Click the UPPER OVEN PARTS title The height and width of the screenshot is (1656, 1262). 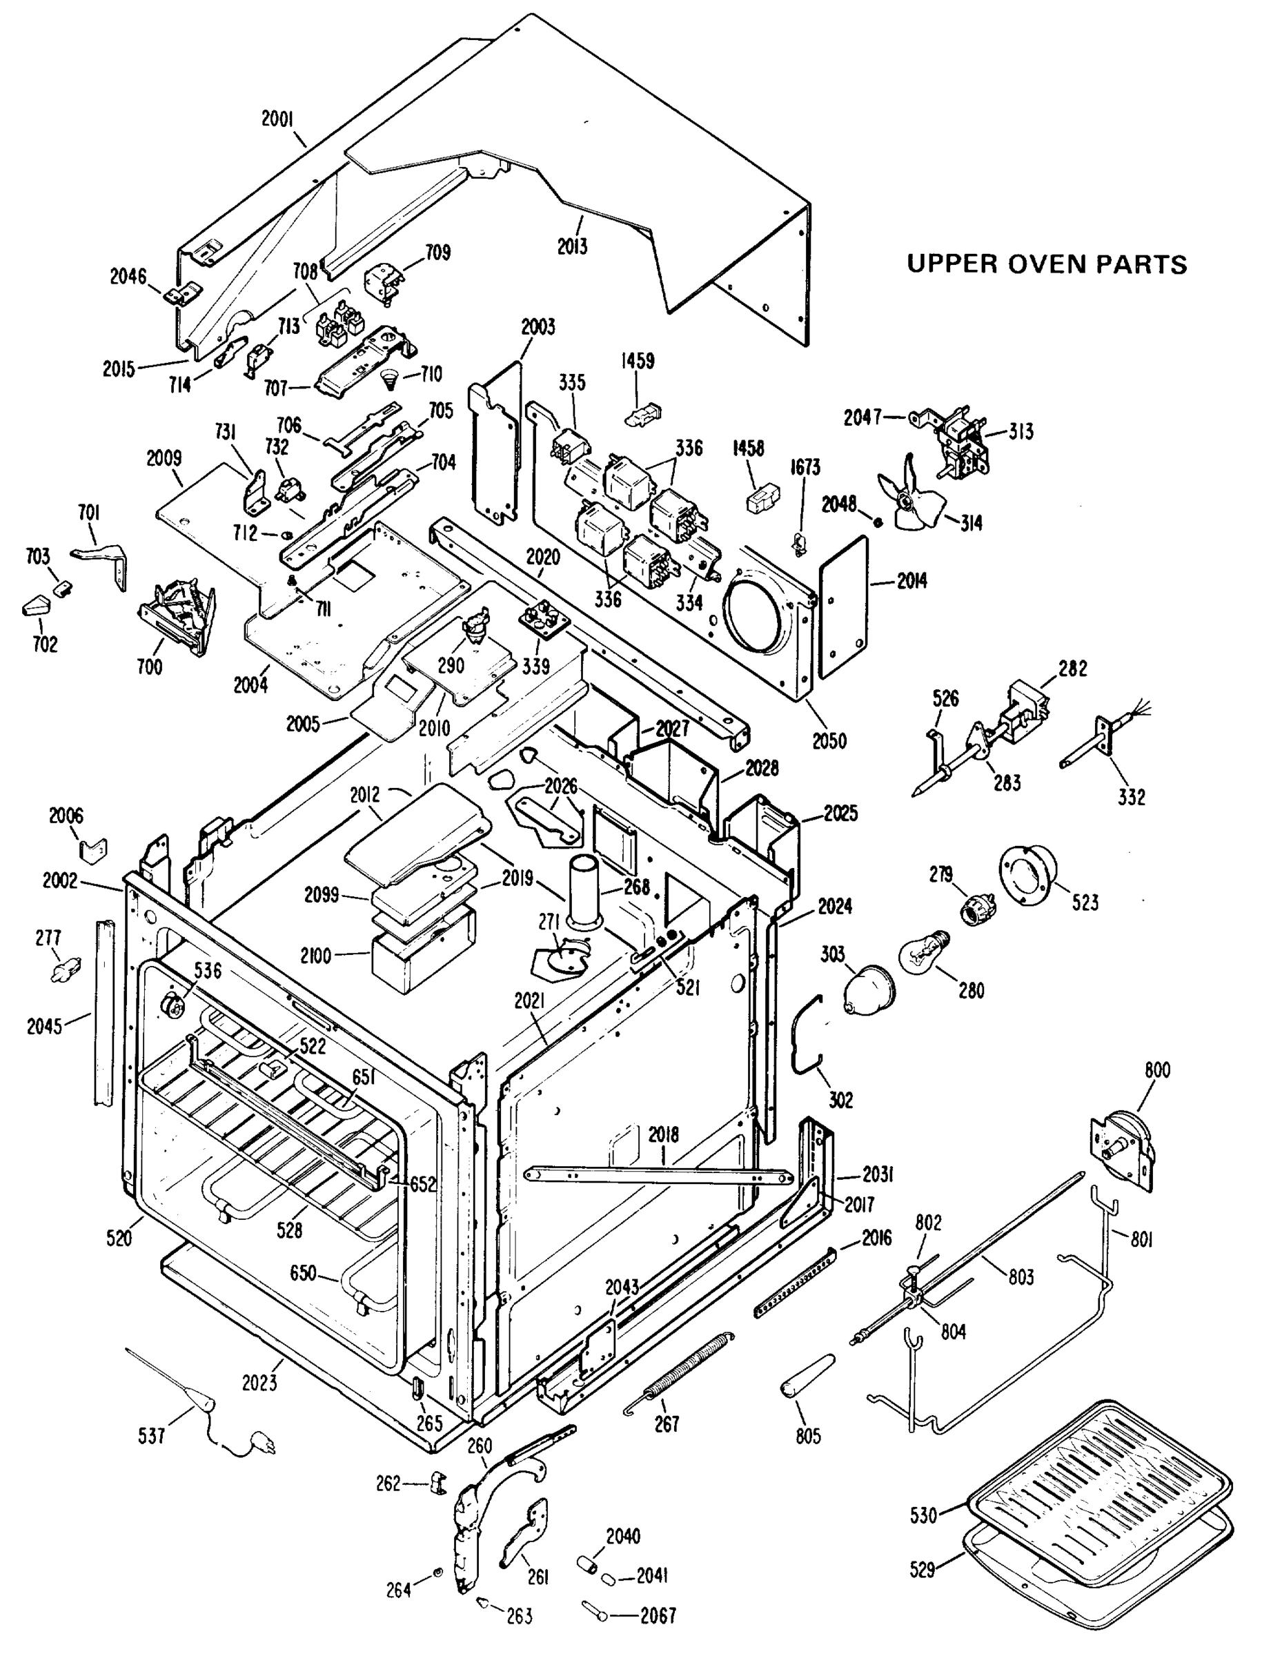(x=1047, y=264)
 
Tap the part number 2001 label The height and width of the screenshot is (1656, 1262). (x=277, y=119)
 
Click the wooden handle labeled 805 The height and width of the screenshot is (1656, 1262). (x=807, y=1377)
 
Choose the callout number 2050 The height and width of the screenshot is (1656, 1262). (x=829, y=740)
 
